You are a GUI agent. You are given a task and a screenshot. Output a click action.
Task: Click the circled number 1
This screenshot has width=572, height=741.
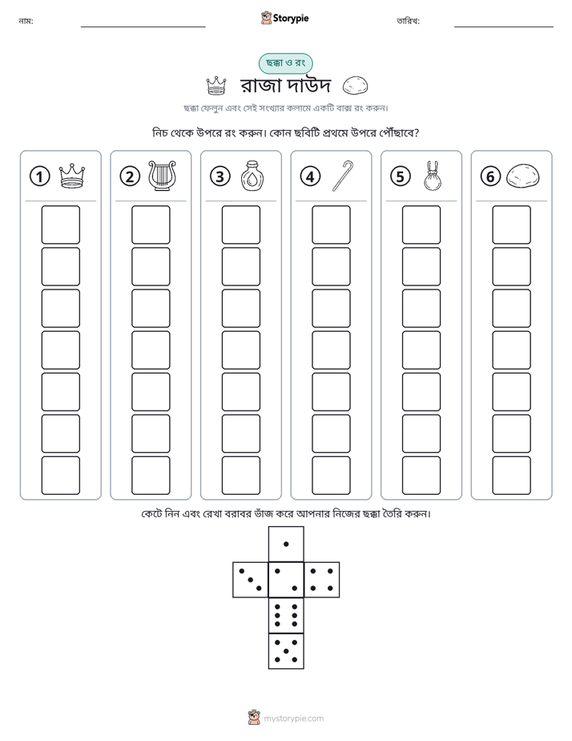point(39,176)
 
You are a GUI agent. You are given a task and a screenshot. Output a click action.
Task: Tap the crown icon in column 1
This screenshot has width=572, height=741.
point(72,176)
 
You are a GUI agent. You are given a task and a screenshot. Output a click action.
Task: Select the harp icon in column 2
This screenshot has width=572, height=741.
point(162,176)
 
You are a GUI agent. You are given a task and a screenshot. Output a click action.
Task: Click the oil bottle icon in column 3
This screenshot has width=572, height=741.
point(252,176)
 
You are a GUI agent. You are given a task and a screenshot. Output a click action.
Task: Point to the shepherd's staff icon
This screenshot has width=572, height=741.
point(343,176)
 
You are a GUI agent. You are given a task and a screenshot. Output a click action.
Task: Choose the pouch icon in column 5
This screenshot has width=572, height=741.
point(433,176)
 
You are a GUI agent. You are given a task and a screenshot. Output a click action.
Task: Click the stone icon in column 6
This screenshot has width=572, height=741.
point(522,176)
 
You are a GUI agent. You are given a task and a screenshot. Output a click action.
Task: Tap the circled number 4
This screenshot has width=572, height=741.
point(310,176)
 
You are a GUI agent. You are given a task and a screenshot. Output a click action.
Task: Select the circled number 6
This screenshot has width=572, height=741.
point(490,176)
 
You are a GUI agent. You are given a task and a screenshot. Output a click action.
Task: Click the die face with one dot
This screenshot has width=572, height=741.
point(286,544)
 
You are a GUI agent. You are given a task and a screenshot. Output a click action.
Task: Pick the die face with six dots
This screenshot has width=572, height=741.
point(286,615)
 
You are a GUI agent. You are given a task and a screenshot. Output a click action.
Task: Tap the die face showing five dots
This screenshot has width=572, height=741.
point(286,651)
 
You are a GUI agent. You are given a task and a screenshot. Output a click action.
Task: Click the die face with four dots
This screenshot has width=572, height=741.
point(322,580)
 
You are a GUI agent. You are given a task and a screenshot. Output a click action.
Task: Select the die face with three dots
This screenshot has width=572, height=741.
point(251,580)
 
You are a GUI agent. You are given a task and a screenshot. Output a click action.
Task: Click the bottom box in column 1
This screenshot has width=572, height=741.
point(60,476)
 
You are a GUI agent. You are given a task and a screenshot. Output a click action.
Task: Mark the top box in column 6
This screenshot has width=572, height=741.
point(512,225)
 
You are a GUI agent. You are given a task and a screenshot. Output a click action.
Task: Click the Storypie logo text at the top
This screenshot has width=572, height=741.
point(291,18)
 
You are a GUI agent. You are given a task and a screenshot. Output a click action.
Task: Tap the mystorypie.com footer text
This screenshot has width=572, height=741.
point(293,719)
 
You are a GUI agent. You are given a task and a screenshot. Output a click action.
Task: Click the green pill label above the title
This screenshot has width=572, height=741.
point(285,63)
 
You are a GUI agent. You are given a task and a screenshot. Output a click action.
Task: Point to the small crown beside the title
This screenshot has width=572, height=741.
point(216,86)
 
